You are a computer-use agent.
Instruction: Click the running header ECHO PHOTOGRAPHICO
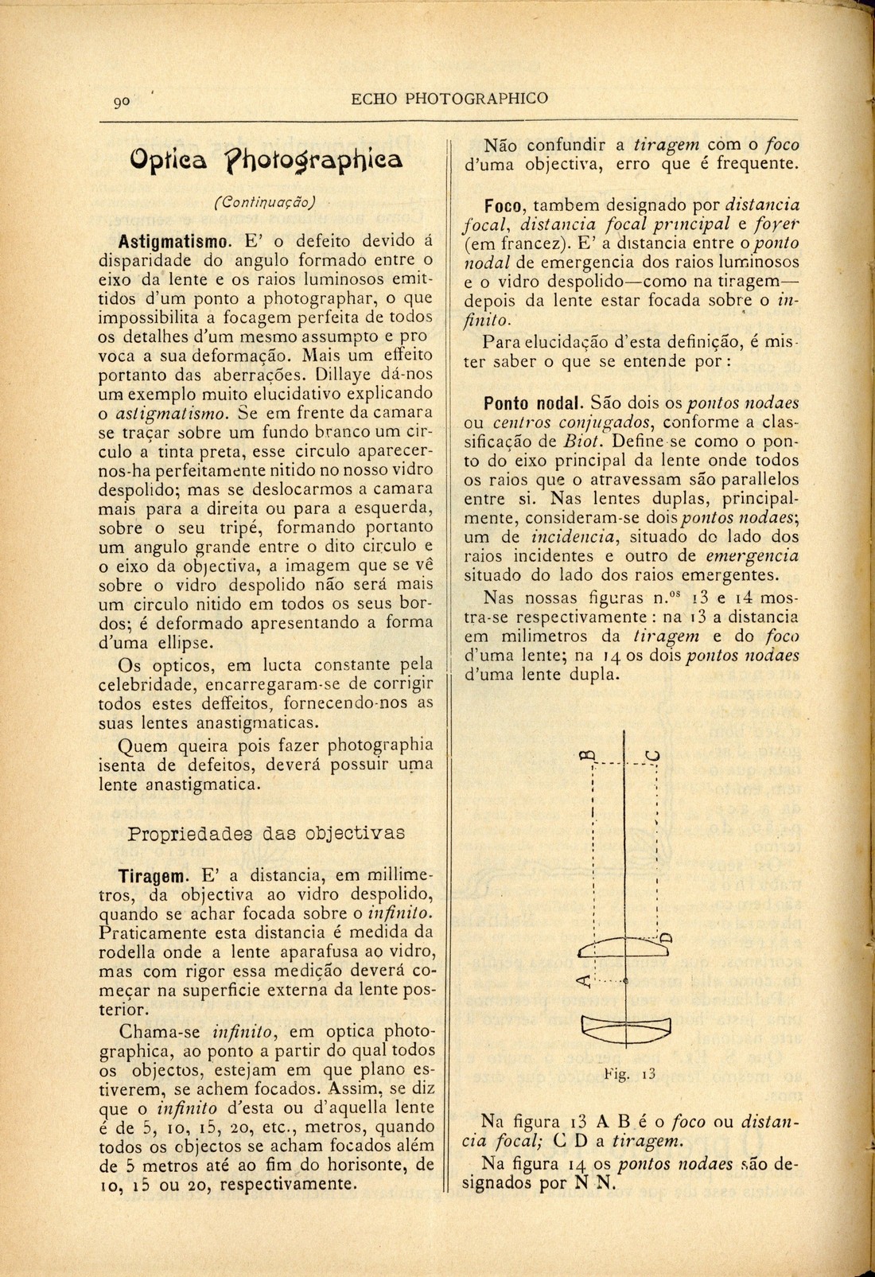coord(449,99)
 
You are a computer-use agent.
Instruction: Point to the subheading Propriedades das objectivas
coord(266,833)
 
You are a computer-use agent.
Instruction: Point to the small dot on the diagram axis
coord(626,984)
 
